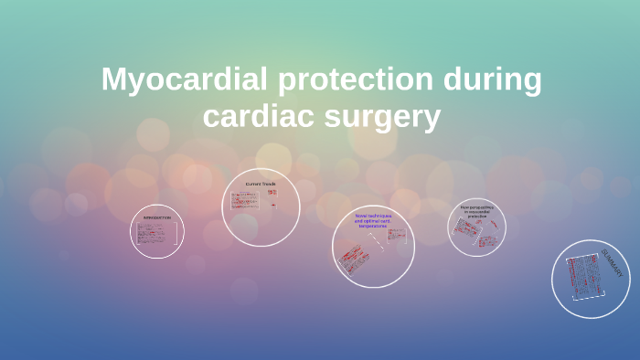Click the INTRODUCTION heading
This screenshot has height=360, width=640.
click(156, 217)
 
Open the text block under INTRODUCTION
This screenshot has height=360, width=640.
click(156, 234)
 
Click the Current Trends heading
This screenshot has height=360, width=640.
click(261, 184)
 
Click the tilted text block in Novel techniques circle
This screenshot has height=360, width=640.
click(356, 259)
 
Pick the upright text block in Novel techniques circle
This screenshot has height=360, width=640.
click(397, 235)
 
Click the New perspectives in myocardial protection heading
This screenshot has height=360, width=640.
click(477, 212)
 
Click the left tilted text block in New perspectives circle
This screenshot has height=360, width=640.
click(465, 229)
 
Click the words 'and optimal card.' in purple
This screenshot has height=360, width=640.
click(373, 220)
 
